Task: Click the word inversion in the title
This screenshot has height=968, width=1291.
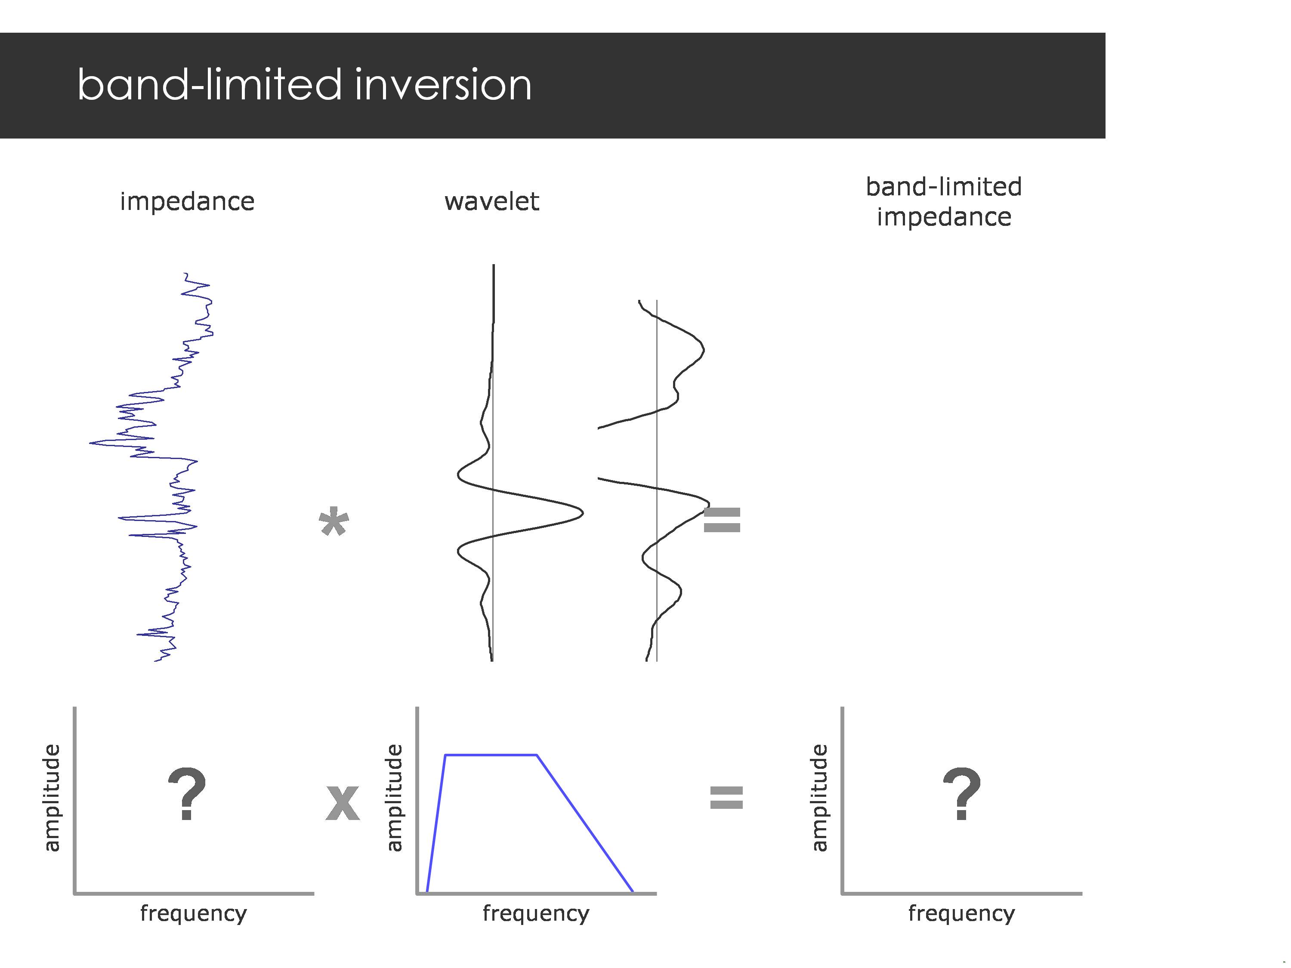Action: tap(442, 85)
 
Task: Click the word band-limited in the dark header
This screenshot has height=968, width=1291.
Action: tap(209, 85)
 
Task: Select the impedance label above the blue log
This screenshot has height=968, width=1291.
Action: tap(187, 202)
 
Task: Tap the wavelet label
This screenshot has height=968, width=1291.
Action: tap(491, 202)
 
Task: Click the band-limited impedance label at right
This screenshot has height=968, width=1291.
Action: tap(943, 202)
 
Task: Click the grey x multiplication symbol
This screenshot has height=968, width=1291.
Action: tap(342, 802)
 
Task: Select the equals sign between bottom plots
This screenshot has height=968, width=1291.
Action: tap(726, 798)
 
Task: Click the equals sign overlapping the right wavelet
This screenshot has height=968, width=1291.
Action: tap(722, 520)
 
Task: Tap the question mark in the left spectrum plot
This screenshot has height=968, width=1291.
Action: tap(187, 793)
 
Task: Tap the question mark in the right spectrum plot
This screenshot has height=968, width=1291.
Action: tap(961, 793)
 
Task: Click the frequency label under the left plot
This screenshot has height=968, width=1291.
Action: tap(193, 913)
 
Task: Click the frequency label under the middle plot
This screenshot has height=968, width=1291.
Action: tap(536, 913)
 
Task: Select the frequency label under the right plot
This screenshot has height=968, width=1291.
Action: tap(961, 913)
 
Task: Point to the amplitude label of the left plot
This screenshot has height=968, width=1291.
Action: tap(52, 798)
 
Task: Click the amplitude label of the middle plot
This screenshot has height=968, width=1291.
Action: tap(395, 798)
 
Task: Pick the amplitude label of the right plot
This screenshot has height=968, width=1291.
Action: tap(819, 798)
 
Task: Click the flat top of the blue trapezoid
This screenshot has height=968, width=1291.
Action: tap(490, 755)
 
